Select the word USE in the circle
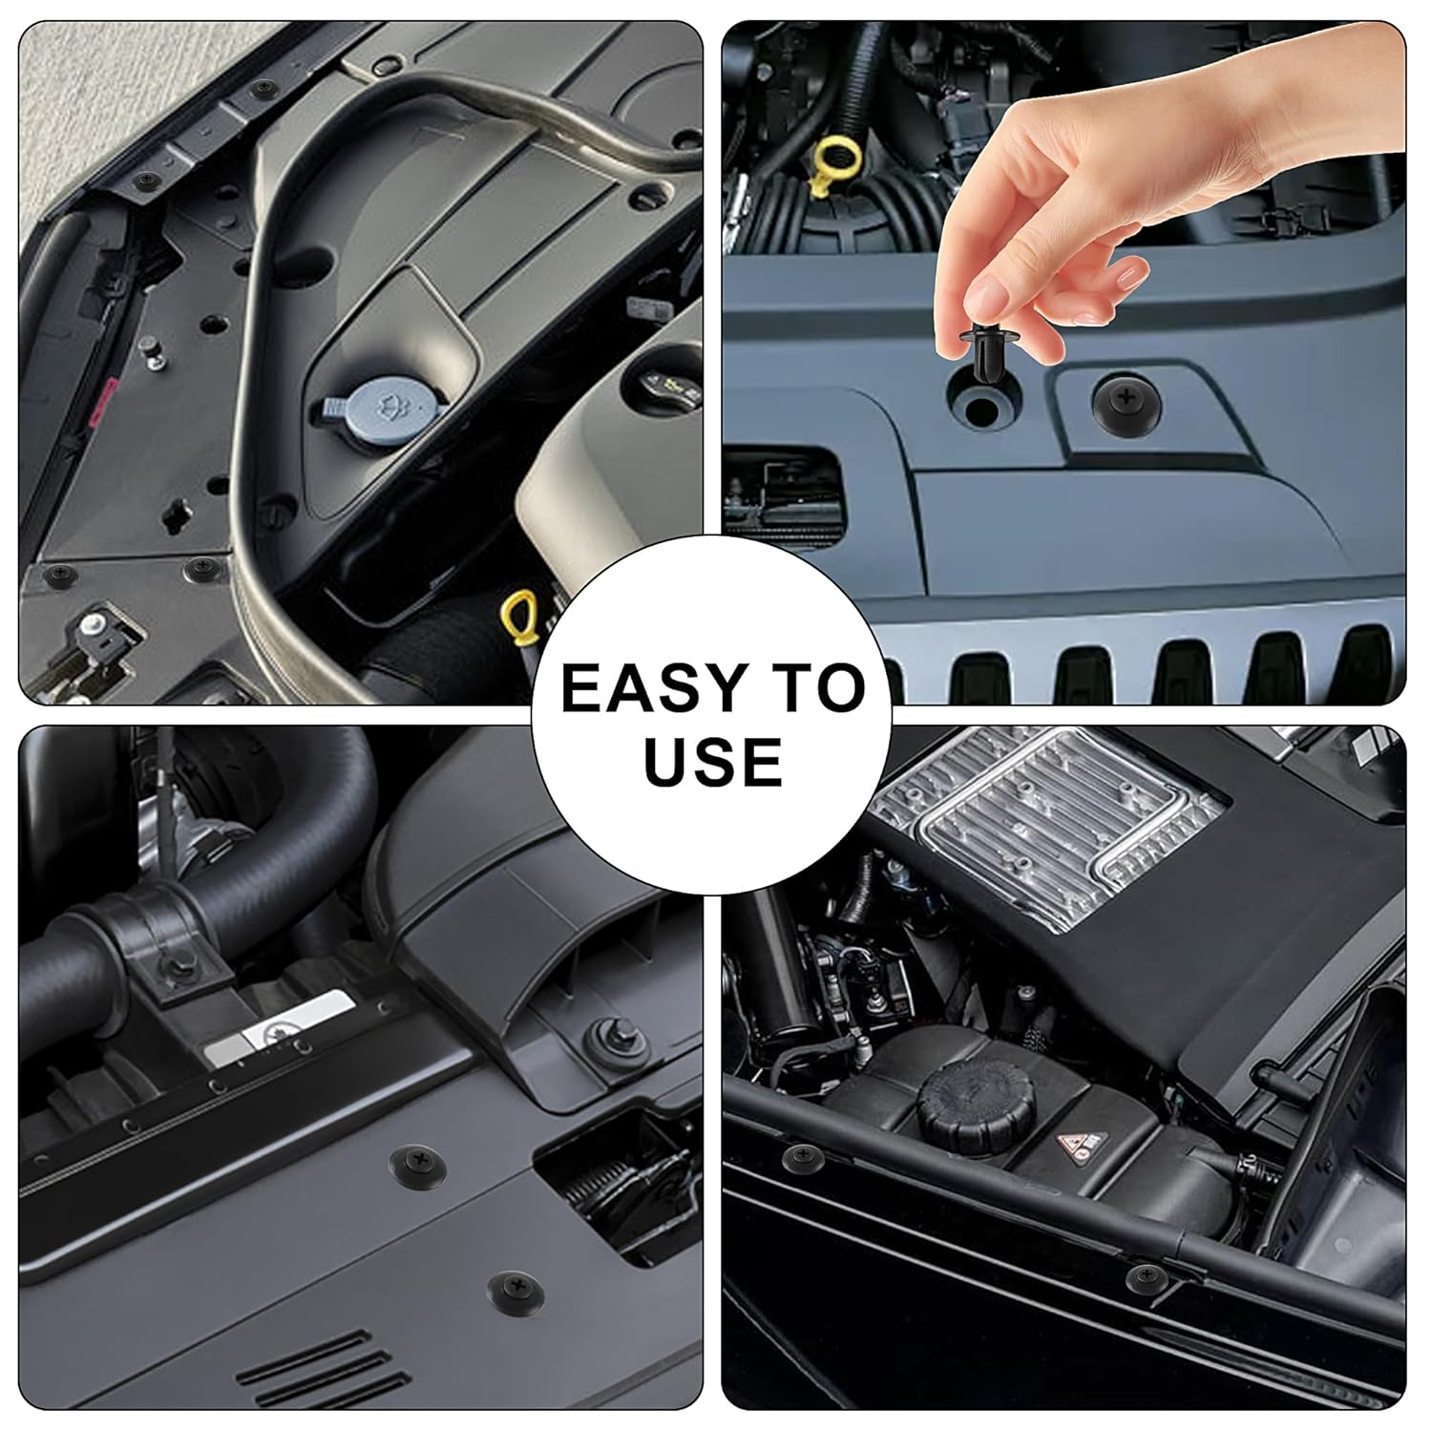tap(712, 760)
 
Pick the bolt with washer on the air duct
tap(603, 1031)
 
